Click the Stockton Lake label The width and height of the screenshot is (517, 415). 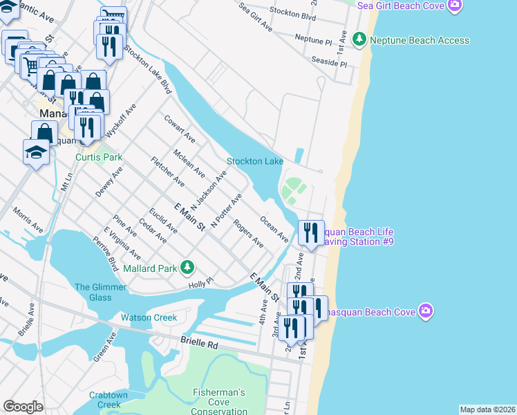coord(255,161)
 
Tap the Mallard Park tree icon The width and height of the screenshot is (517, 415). coord(187,267)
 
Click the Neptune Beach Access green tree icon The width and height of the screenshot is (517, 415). coord(359,39)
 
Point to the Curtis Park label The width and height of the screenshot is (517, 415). coord(99,157)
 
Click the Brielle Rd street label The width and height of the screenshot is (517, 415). coord(199,343)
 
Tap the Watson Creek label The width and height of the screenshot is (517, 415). coord(149,318)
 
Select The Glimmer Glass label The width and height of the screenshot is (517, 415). coord(93,292)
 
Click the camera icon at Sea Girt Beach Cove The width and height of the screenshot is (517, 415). coord(454,6)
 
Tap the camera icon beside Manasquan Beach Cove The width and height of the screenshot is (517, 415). coord(426,311)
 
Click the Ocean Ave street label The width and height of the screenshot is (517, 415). coord(274,228)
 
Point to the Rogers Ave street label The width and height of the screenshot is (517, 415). coord(248,234)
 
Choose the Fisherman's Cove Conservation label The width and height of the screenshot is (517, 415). coord(219,402)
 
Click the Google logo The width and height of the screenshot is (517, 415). coord(23,407)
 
